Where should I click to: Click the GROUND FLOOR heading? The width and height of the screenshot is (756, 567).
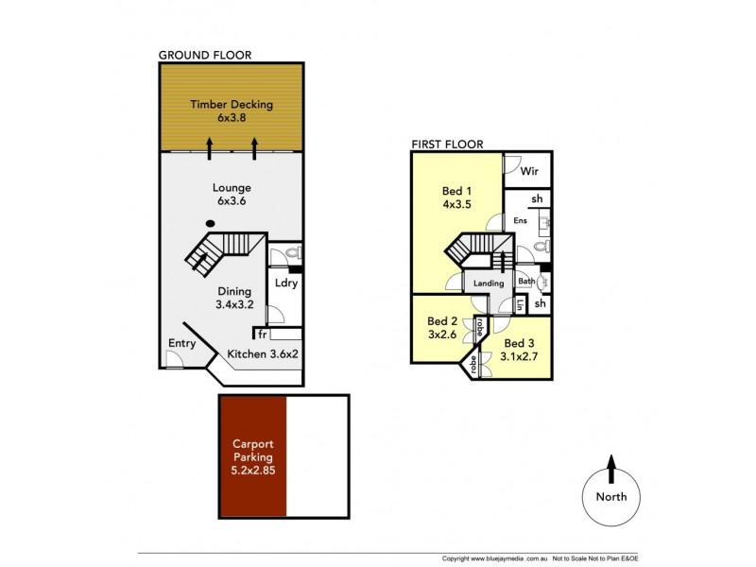point(204,55)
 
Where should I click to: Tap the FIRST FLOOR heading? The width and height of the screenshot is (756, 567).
point(447,145)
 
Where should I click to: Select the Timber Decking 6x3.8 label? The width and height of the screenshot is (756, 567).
point(231,112)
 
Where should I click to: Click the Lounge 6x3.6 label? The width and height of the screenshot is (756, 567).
point(231,195)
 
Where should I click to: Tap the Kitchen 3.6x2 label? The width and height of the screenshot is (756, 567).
point(262,353)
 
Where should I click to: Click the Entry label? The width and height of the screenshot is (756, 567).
point(180,343)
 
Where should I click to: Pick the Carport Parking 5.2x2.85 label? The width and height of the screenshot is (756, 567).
point(252,457)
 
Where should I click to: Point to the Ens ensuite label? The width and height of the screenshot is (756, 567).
point(520,221)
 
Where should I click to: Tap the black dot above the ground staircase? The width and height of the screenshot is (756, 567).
point(210,224)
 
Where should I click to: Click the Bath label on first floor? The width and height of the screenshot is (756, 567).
point(524,281)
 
